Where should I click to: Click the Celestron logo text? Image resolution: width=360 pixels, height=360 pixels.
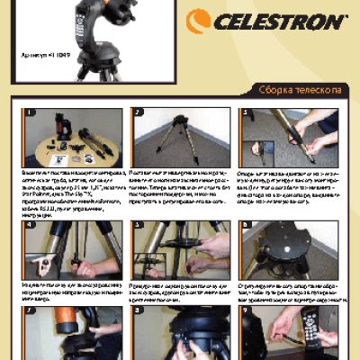[279, 21]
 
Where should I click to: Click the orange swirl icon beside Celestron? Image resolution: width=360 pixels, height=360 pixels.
[199, 20]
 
